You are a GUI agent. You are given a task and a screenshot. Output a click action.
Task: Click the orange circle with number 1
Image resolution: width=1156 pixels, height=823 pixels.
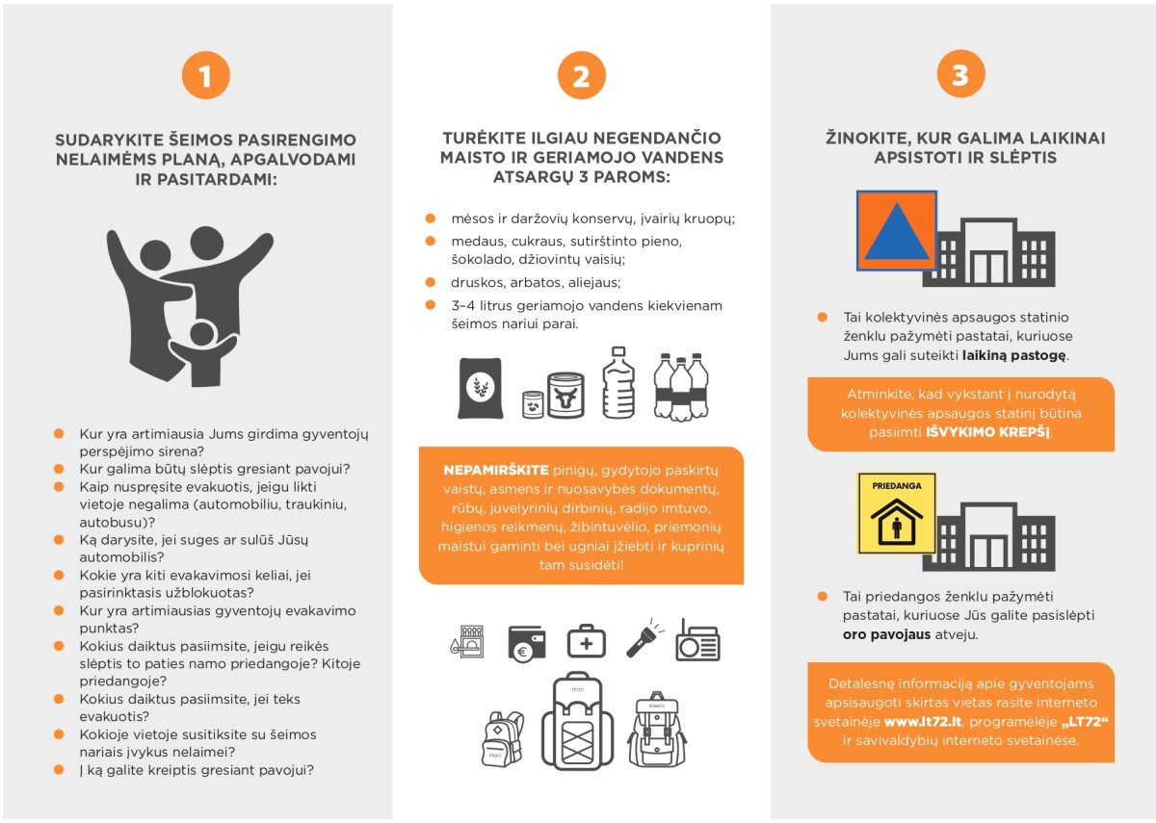(205, 75)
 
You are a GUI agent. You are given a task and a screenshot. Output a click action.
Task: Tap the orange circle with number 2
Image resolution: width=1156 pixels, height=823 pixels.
(581, 75)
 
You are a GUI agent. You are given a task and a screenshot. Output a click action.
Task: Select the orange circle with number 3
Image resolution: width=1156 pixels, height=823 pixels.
(959, 75)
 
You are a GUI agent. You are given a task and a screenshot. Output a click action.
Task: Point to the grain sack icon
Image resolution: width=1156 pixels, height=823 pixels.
(480, 388)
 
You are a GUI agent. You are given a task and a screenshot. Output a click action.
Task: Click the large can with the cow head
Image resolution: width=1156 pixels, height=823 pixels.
(565, 395)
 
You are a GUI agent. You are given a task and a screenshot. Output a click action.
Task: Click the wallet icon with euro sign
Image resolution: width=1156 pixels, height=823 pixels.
(527, 642)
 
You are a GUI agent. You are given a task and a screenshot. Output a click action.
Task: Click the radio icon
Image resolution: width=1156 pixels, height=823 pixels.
(697, 640)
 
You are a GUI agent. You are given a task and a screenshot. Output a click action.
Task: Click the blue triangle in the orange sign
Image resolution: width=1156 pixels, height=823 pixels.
(896, 231)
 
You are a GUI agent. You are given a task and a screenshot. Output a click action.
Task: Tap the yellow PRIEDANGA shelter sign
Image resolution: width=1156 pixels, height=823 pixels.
(896, 513)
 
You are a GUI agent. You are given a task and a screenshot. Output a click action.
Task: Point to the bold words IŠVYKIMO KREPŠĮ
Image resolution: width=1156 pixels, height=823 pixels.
(988, 433)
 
